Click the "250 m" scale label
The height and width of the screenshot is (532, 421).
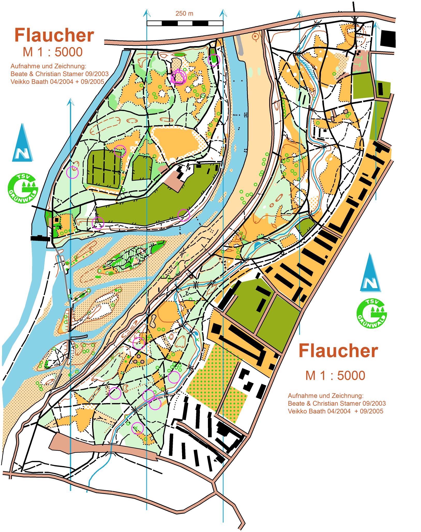[x=184, y=14]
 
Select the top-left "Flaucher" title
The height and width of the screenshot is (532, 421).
[x=54, y=36]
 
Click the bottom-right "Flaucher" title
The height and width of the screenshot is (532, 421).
[x=338, y=351]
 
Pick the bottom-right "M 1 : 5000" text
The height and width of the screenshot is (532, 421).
[x=335, y=375]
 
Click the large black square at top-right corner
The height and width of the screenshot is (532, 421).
[x=388, y=39]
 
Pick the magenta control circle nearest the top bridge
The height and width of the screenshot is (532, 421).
[x=214, y=60]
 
